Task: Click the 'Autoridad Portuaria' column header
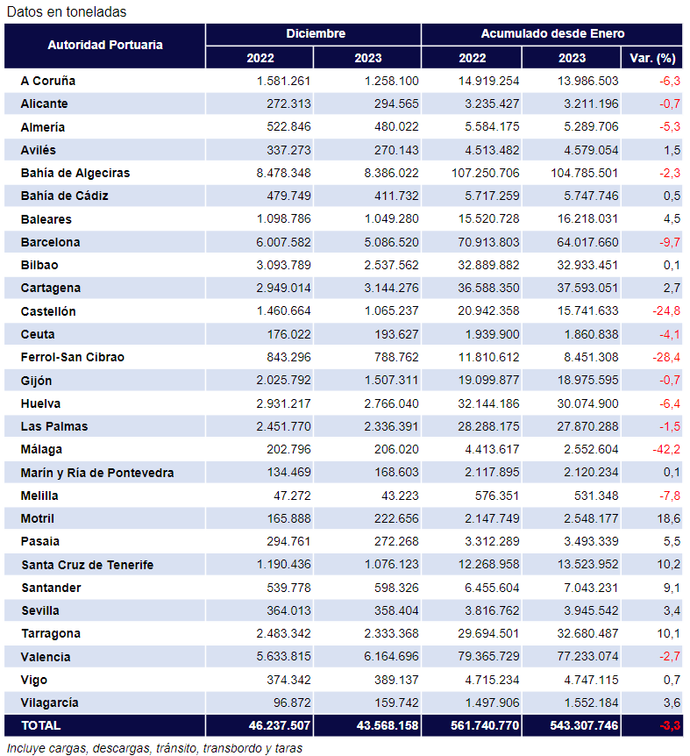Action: [x=105, y=45]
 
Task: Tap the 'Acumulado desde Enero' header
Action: [x=552, y=33]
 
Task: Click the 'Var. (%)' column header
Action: [x=652, y=58]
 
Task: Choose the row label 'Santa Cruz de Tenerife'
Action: [x=87, y=565]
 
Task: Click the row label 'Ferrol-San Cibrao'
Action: [x=73, y=357]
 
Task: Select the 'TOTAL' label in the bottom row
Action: [x=40, y=725]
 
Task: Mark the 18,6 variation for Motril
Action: [x=669, y=518]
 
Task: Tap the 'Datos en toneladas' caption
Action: [x=66, y=11]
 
